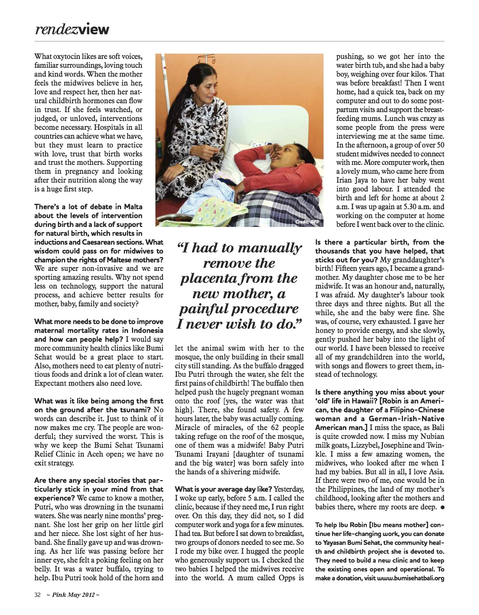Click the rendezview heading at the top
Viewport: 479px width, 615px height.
[x=72, y=29]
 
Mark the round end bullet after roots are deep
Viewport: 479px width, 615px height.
[x=442, y=507]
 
